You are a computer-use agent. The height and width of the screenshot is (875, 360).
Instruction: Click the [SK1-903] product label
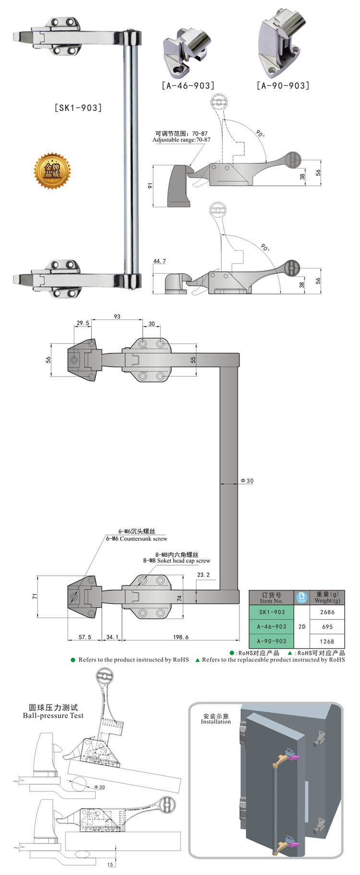[x=79, y=108]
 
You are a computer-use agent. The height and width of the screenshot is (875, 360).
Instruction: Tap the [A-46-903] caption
[x=188, y=85]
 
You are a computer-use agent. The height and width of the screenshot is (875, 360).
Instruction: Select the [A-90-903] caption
[x=283, y=85]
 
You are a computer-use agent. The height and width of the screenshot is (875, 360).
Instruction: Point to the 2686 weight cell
[x=327, y=612]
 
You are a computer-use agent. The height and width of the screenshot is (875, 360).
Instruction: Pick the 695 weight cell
[x=327, y=626]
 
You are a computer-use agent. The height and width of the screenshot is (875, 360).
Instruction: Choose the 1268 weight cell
[x=327, y=641]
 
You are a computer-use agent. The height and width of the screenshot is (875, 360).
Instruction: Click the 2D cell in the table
[x=302, y=626]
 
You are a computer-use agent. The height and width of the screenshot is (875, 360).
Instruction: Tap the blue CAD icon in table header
[x=302, y=597]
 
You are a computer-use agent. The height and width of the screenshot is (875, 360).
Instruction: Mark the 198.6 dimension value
[x=180, y=637]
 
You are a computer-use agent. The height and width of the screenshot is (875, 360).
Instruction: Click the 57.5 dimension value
[x=84, y=637]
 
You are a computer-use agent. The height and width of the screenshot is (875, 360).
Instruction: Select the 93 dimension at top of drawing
[x=117, y=317]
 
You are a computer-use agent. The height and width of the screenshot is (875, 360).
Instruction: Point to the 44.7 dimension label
[x=159, y=261]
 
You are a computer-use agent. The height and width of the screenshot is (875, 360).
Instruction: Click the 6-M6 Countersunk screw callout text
[x=136, y=538]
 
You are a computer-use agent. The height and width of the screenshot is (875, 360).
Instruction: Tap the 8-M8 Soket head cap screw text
[x=177, y=560]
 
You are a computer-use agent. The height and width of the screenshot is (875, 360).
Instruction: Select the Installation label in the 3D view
[x=216, y=721]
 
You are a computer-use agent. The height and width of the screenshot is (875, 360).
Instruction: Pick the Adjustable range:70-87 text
[x=181, y=140]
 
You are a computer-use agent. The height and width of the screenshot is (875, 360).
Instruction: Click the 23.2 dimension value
[x=203, y=574]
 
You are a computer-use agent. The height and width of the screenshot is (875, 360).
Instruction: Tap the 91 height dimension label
[x=150, y=186]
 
